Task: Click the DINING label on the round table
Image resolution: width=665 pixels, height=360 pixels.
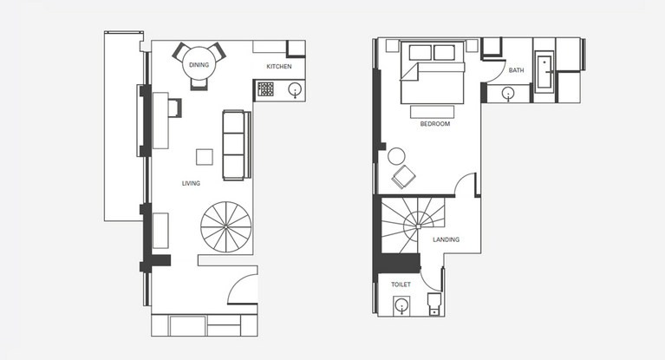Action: [x=199, y=65]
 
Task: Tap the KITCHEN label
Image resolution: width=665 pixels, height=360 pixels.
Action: [x=279, y=66]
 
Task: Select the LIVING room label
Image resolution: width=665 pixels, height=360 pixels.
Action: [x=191, y=183]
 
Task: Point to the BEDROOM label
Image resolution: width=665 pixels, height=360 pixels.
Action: [x=434, y=124]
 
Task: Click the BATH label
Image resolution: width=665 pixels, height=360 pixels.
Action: [x=516, y=70]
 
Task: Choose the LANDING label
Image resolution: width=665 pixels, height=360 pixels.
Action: [x=447, y=239]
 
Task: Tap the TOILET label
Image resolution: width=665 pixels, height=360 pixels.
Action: [x=401, y=285]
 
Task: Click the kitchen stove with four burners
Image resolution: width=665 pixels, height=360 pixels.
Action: [x=266, y=89]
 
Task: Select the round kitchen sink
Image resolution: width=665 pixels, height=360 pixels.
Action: [x=295, y=90]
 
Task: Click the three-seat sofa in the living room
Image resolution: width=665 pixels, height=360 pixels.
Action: [x=235, y=145]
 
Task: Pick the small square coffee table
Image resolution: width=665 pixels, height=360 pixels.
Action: [x=205, y=157]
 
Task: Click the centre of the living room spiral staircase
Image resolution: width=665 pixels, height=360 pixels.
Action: [x=226, y=227]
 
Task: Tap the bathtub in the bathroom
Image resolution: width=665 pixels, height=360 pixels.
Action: [x=544, y=72]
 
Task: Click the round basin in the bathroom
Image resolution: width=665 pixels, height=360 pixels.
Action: [x=508, y=93]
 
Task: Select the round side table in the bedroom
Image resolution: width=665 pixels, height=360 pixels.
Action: [x=396, y=156]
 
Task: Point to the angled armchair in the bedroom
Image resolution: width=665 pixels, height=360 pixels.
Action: [x=403, y=177]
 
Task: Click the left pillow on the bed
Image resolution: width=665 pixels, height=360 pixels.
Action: [x=421, y=53]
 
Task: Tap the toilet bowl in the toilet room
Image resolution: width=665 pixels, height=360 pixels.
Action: [x=434, y=304]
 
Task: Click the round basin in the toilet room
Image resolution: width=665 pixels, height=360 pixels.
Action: [x=401, y=305]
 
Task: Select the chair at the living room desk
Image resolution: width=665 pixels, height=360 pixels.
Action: [x=175, y=108]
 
